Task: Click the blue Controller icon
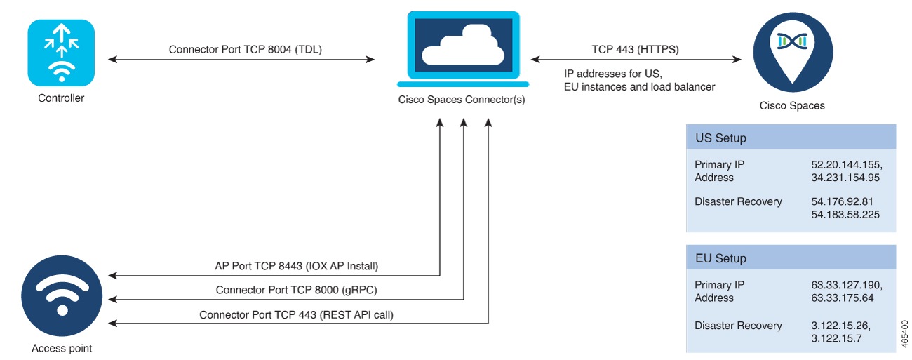pyautogui.click(x=61, y=53)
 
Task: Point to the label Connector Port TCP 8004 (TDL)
pyautogui.click(x=246, y=50)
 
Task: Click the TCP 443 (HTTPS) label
pyautogui.click(x=636, y=50)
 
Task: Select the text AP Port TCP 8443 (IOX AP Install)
pyautogui.click(x=296, y=267)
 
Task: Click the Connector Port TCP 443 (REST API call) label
pyautogui.click(x=296, y=315)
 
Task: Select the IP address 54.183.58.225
pyautogui.click(x=845, y=215)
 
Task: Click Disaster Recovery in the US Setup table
pyautogui.click(x=738, y=202)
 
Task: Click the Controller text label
pyautogui.click(x=61, y=98)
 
